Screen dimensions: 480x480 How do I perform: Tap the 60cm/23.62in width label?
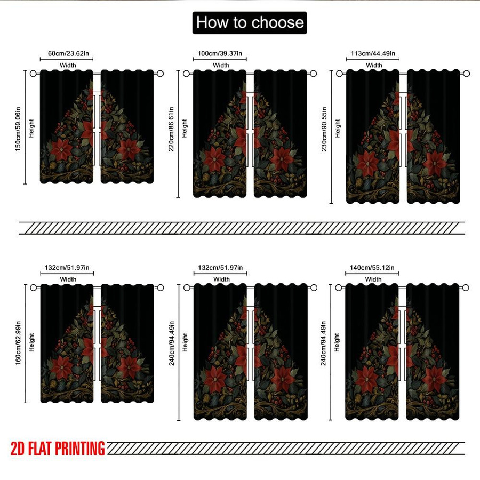point(69,53)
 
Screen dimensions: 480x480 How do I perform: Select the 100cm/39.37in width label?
point(220,53)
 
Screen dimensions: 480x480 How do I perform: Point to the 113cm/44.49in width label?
point(373,53)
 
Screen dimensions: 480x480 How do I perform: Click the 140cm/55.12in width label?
point(372,268)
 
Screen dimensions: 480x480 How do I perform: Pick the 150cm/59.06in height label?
point(18,129)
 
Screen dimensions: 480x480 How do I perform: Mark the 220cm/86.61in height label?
point(171,129)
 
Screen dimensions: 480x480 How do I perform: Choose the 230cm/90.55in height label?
point(324,129)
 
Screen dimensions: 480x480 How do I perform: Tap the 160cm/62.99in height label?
point(18,343)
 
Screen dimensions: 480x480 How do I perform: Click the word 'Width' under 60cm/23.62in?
point(68,65)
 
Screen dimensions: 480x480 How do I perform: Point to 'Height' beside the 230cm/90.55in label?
point(338,128)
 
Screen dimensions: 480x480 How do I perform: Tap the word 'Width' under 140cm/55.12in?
point(373,279)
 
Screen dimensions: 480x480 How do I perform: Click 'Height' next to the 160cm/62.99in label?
point(31,342)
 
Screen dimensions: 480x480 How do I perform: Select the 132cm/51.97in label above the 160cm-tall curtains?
point(67,268)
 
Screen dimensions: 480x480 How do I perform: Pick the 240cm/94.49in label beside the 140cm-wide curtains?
point(324,343)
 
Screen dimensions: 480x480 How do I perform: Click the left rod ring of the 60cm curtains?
point(34,74)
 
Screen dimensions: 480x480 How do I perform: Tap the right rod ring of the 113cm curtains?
point(466,74)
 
